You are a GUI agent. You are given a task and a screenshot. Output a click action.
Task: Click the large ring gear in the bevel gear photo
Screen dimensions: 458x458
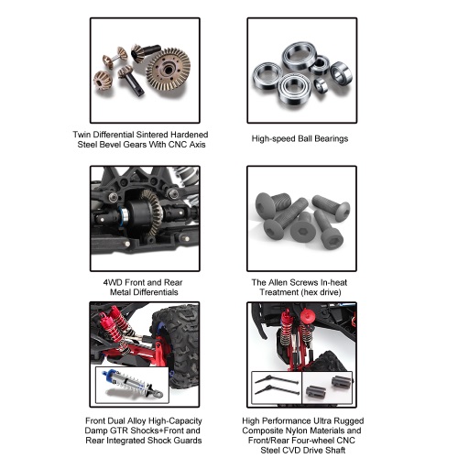(168, 71)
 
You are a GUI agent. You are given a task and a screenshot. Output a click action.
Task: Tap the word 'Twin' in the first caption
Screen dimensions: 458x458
(82, 135)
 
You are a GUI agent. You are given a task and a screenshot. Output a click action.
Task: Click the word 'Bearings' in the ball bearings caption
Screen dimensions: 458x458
(332, 139)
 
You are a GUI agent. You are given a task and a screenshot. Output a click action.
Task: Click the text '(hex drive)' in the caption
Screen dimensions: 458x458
(322, 292)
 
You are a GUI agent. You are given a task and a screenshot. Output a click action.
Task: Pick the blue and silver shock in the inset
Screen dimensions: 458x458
(133, 383)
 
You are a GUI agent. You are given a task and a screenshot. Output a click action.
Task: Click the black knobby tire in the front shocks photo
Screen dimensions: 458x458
(177, 345)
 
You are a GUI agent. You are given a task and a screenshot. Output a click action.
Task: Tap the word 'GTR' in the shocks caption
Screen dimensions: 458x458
(118, 431)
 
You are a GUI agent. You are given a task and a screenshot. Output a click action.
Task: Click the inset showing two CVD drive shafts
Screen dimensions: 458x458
(277, 387)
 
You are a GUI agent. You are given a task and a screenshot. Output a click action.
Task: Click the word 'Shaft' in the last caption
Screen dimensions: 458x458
(335, 450)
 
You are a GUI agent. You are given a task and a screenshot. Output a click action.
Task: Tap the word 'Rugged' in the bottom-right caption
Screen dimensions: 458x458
(349, 421)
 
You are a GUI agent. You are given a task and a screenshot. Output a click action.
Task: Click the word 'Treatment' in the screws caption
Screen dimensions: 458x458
(279, 292)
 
